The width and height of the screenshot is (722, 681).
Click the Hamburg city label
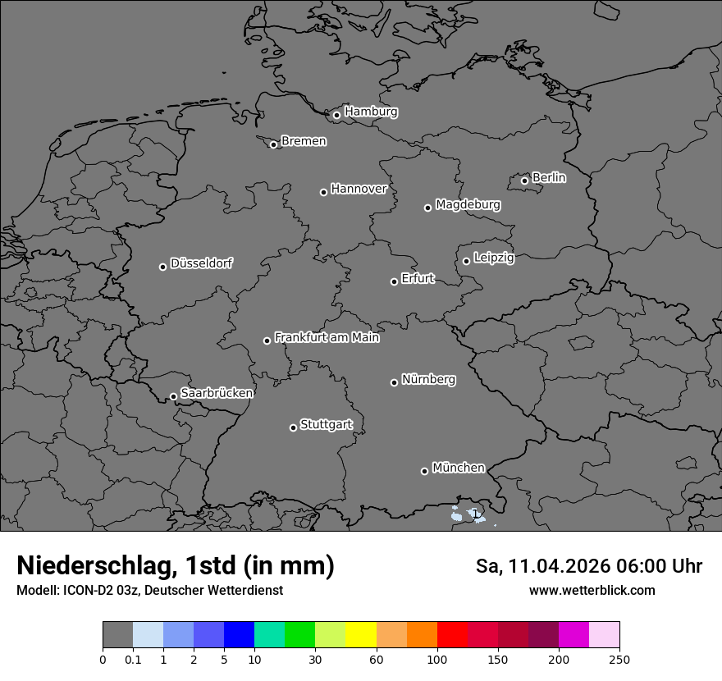(x=371, y=112)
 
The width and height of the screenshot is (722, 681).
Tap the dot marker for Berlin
(x=524, y=181)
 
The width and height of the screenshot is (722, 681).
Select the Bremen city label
(x=304, y=141)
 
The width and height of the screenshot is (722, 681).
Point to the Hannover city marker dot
(x=323, y=192)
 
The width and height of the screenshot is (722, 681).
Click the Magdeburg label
(x=468, y=204)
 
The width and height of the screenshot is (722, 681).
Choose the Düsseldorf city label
(x=201, y=263)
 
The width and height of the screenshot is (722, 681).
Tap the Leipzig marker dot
(x=466, y=261)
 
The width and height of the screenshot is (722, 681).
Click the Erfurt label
(x=418, y=278)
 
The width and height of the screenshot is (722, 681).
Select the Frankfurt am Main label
(x=327, y=337)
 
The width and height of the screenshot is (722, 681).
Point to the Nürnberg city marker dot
(x=394, y=382)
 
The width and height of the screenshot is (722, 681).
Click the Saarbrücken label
(x=217, y=393)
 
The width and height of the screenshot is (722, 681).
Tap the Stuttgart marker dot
(x=293, y=427)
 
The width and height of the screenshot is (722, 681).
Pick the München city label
(x=458, y=468)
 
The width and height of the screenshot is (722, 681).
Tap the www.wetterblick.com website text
(x=592, y=591)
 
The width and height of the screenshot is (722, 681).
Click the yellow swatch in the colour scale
(x=361, y=635)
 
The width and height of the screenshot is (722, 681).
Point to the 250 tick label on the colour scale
(x=619, y=660)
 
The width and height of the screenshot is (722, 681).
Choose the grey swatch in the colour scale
(x=117, y=635)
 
